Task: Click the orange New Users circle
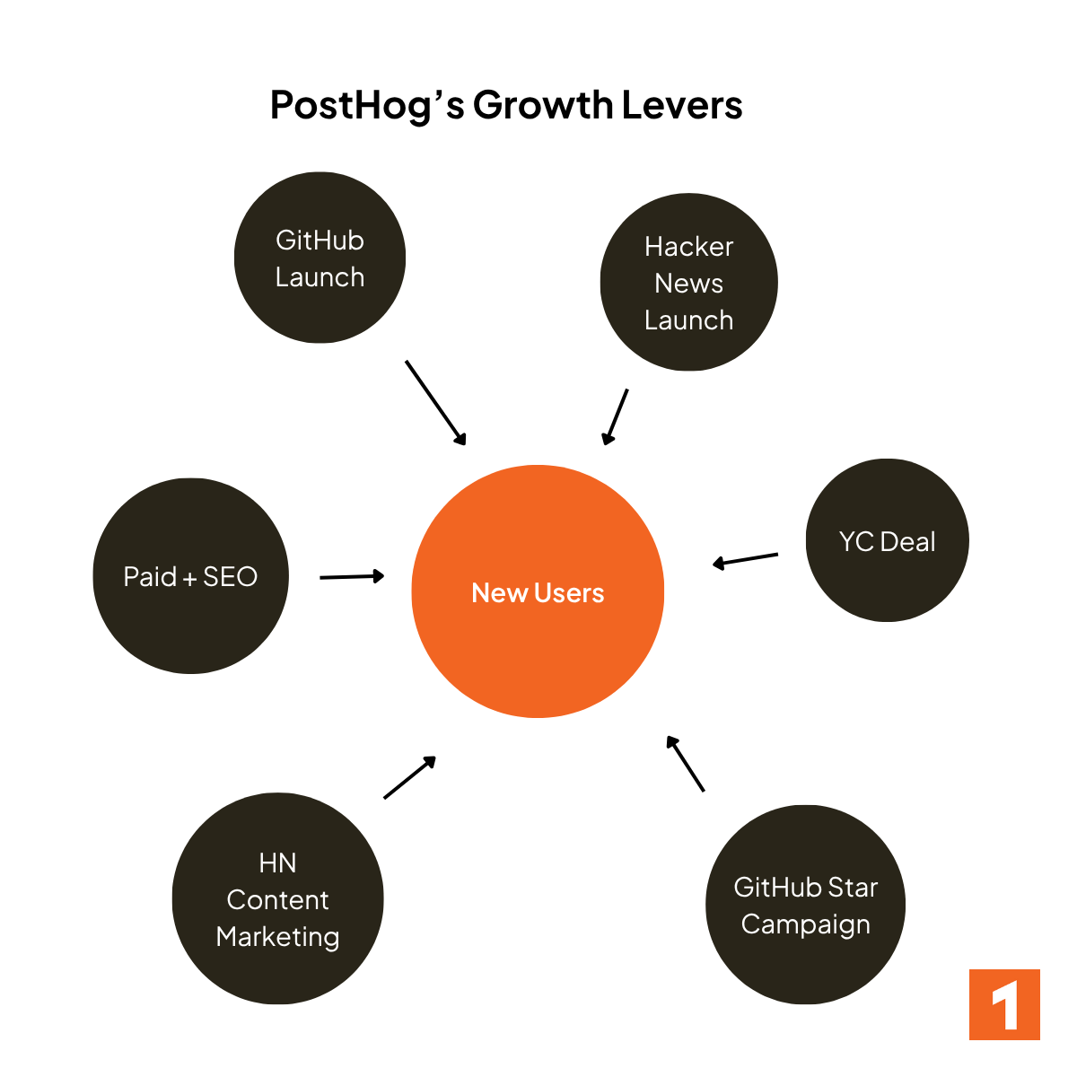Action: [x=538, y=591]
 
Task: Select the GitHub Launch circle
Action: [x=320, y=258]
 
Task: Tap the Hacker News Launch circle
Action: [x=688, y=282]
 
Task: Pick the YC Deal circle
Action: [x=887, y=540]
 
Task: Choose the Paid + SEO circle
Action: [x=190, y=576]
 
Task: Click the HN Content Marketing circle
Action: [x=277, y=898]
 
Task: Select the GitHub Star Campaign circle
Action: [x=805, y=905]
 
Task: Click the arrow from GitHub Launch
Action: [x=435, y=402]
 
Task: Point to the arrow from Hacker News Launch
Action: [x=616, y=416]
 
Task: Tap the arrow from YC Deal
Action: [x=746, y=559]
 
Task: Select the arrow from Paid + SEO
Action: [x=352, y=576]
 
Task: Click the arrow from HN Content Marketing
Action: [x=409, y=777]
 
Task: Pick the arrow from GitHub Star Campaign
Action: [x=686, y=764]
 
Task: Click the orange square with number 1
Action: [x=1004, y=1004]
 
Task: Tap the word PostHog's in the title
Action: [x=367, y=105]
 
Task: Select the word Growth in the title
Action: [x=542, y=105]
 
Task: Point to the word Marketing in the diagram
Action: [x=277, y=936]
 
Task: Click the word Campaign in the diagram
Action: [x=805, y=924]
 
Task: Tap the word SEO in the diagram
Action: [x=231, y=576]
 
